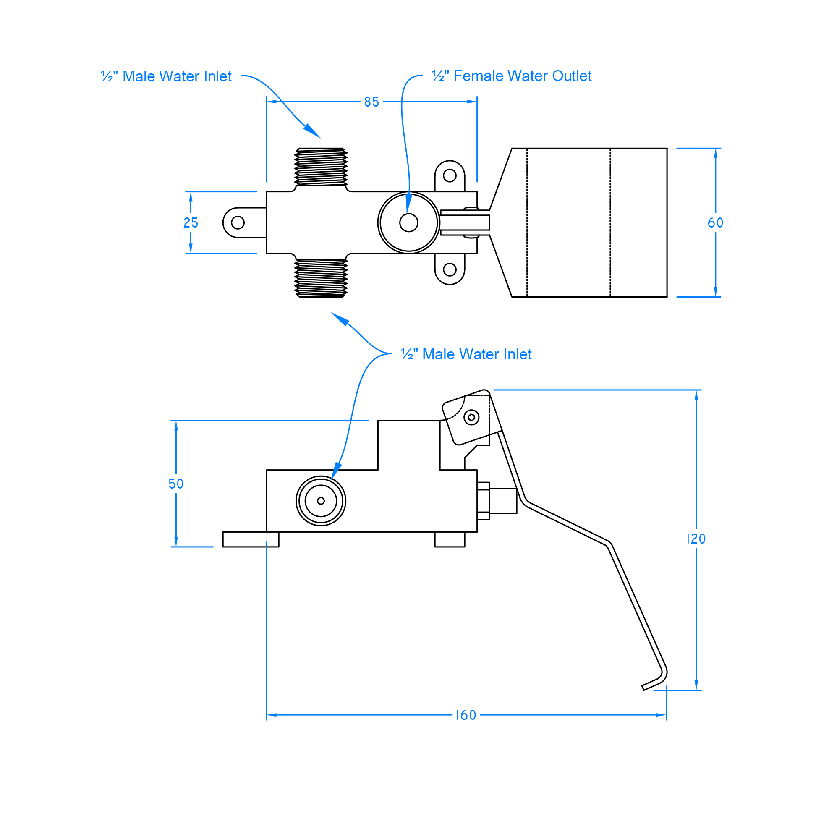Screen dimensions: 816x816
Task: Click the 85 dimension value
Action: click(x=371, y=102)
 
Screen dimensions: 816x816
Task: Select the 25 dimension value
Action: click(x=191, y=222)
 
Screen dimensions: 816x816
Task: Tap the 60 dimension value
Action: click(x=715, y=222)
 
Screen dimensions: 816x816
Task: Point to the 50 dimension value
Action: click(x=176, y=484)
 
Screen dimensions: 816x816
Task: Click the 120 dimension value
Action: click(x=696, y=539)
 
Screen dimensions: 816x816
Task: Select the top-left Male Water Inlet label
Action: click(x=166, y=76)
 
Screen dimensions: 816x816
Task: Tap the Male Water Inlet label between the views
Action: click(x=466, y=354)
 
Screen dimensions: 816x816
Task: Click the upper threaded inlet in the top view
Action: click(x=321, y=167)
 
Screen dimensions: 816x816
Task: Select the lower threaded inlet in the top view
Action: click(x=321, y=278)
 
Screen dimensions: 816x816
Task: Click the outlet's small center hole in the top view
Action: click(x=408, y=222)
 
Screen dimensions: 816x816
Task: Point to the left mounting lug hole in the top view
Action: click(x=238, y=222)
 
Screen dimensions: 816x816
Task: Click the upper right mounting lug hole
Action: click(x=450, y=175)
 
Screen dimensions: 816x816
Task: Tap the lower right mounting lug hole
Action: click(x=450, y=269)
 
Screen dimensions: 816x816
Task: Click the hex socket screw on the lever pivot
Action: click(x=471, y=417)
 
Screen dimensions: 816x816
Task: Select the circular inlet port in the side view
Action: click(x=321, y=501)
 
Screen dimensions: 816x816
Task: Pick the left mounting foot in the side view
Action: click(x=251, y=539)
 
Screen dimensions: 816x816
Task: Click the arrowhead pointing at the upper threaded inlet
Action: click(x=313, y=131)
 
